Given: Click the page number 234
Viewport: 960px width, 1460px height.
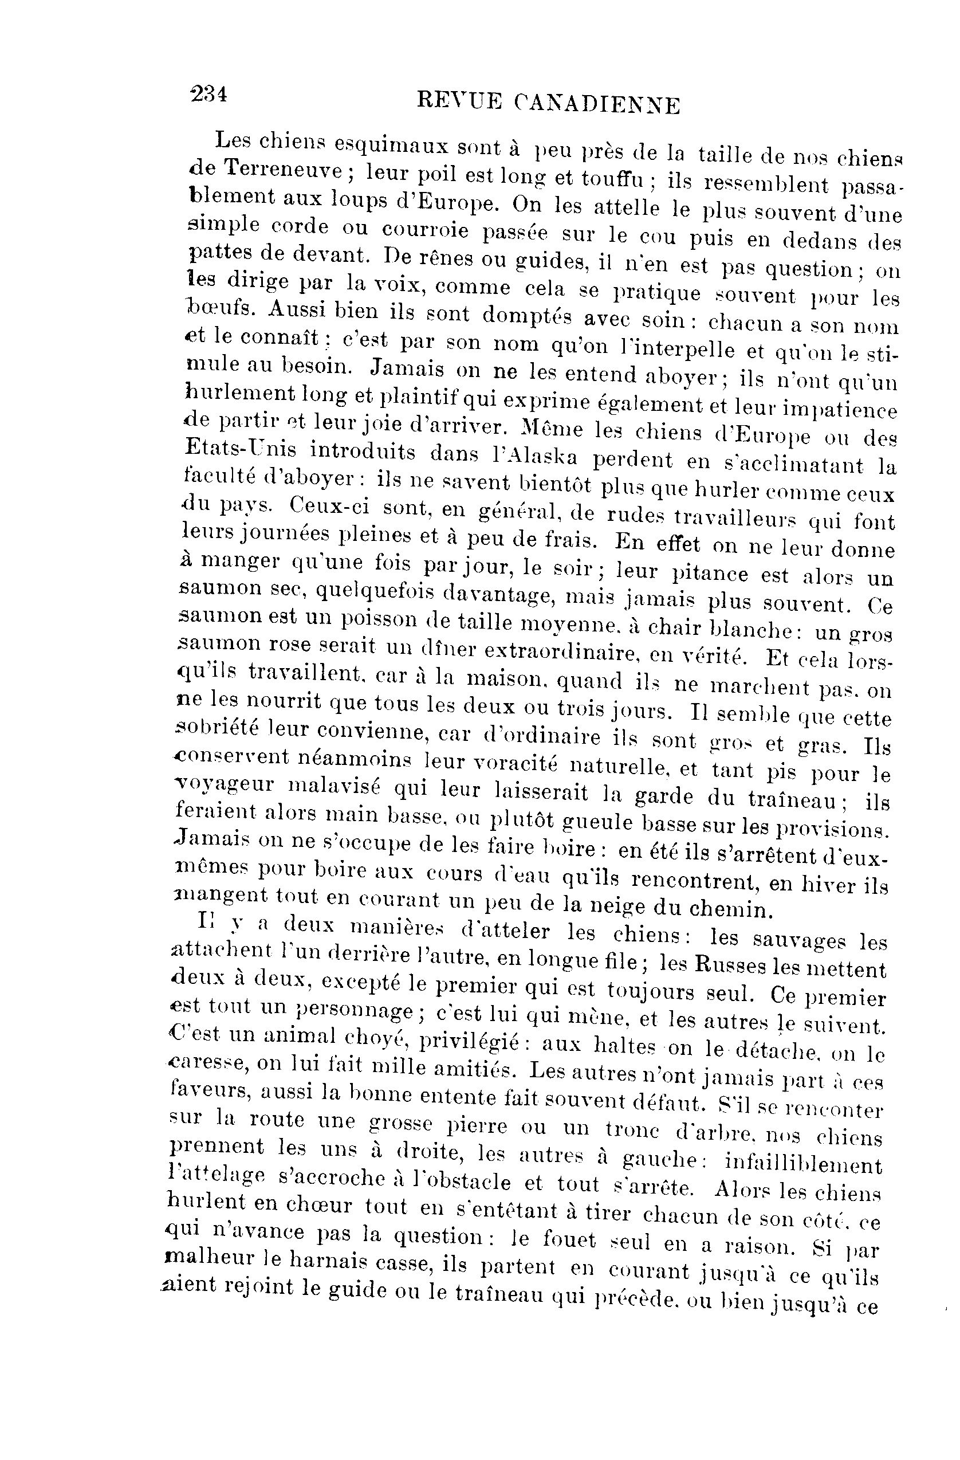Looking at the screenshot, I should (209, 95).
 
